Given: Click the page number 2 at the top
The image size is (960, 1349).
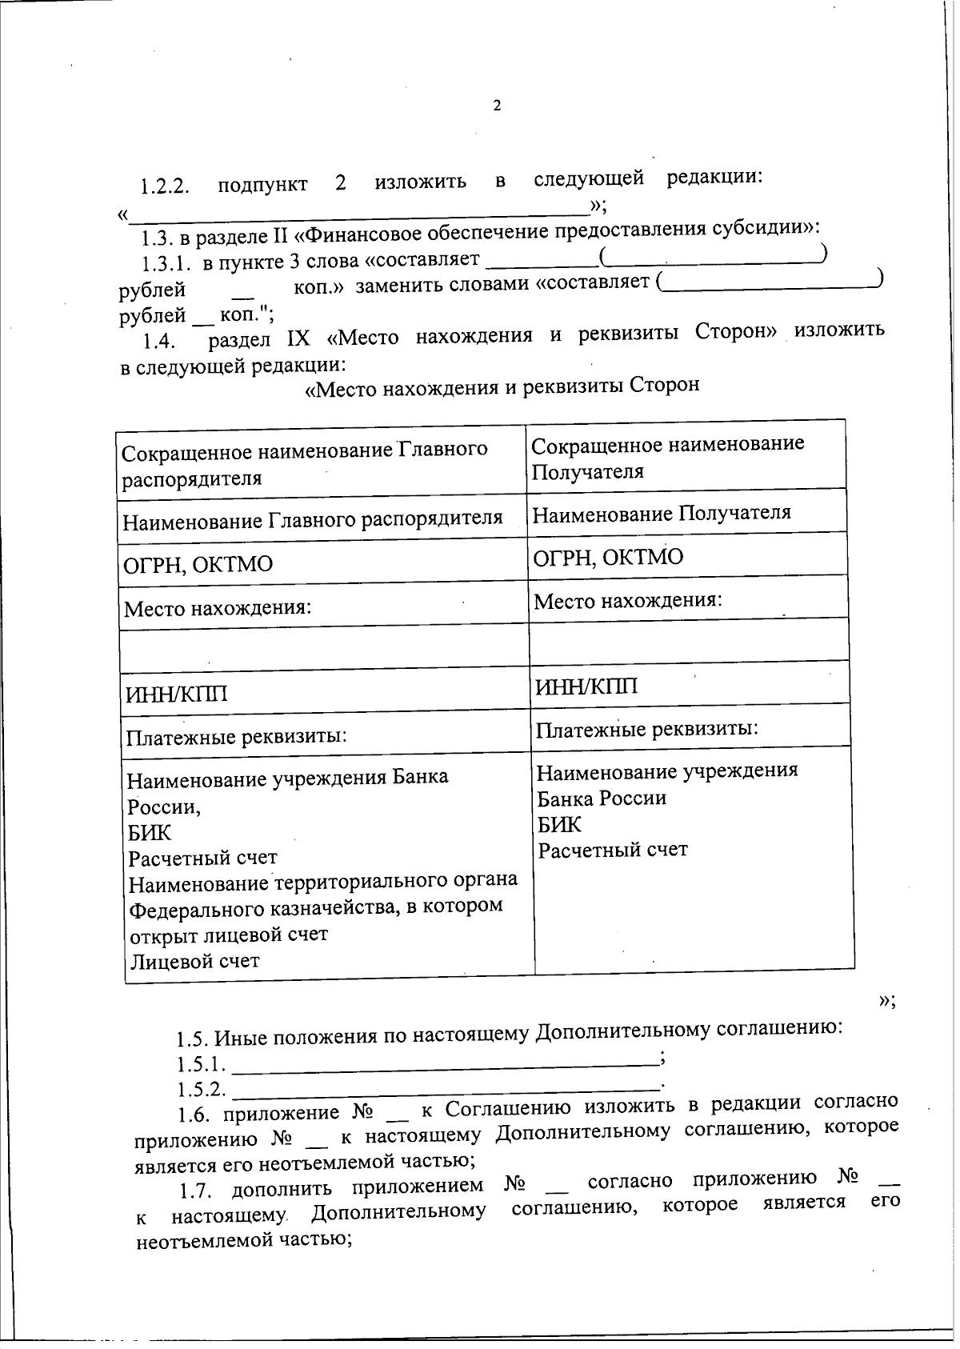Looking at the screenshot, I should pos(497,106).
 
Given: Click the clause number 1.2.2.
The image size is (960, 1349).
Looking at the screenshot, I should pos(164,188).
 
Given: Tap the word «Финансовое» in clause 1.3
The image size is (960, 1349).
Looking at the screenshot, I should pos(366,234).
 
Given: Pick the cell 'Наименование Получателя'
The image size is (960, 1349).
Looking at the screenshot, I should pos(662,513).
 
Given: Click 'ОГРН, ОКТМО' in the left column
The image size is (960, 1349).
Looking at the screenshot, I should pos(198,565).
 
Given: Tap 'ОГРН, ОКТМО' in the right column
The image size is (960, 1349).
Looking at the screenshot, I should pos(608,558).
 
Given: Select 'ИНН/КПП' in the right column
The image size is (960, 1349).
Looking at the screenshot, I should pos(586,687).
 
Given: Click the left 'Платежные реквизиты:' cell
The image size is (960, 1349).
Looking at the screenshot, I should pos(236,736).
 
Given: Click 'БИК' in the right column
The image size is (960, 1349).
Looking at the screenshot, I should pos(559,824).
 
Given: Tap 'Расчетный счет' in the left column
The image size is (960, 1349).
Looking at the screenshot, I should pos(203,859).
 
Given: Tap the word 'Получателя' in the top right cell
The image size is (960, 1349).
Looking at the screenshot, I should pos(588,471).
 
